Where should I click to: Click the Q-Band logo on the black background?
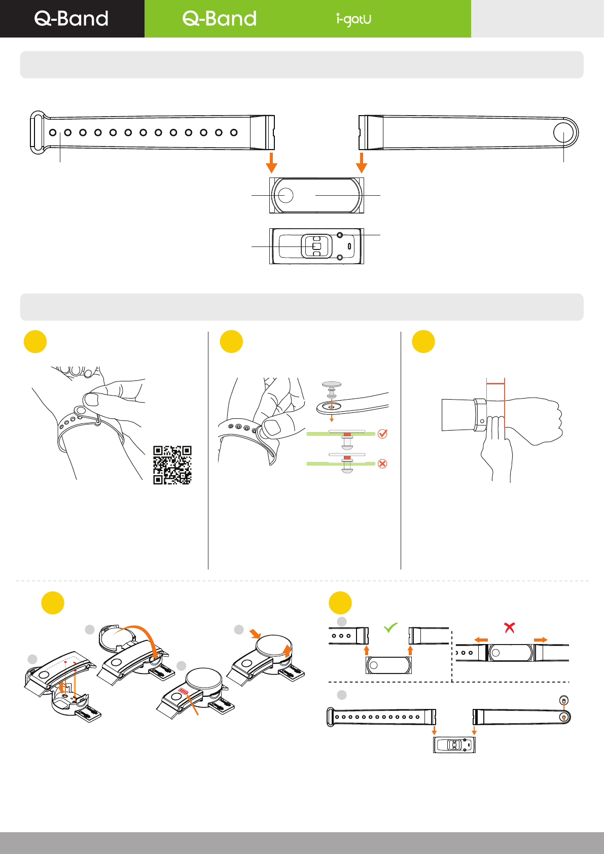pyautogui.click(x=72, y=19)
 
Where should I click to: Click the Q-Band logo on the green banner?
pyautogui.click(x=220, y=19)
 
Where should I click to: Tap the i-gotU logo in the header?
pyautogui.click(x=353, y=19)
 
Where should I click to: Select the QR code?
pyautogui.click(x=172, y=465)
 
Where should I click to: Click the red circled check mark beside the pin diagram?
pyautogui.click(x=383, y=434)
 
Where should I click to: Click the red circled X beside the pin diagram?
pyautogui.click(x=383, y=464)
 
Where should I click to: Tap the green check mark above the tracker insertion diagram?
pyautogui.click(x=390, y=628)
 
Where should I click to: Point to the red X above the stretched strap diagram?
pyautogui.click(x=510, y=628)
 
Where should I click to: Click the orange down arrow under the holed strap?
pyautogui.click(x=272, y=162)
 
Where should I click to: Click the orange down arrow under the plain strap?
pyautogui.click(x=362, y=162)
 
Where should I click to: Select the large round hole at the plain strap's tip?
pyautogui.click(x=563, y=133)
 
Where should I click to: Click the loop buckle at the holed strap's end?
pyautogui.click(x=37, y=132)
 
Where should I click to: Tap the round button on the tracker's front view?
pyautogui.click(x=286, y=195)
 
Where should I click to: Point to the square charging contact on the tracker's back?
pyautogui.click(x=316, y=246)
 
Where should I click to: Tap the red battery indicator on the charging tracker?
pyautogui.click(x=183, y=691)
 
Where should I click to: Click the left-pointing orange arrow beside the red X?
pyautogui.click(x=481, y=640)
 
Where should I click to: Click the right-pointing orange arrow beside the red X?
pyautogui.click(x=541, y=640)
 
